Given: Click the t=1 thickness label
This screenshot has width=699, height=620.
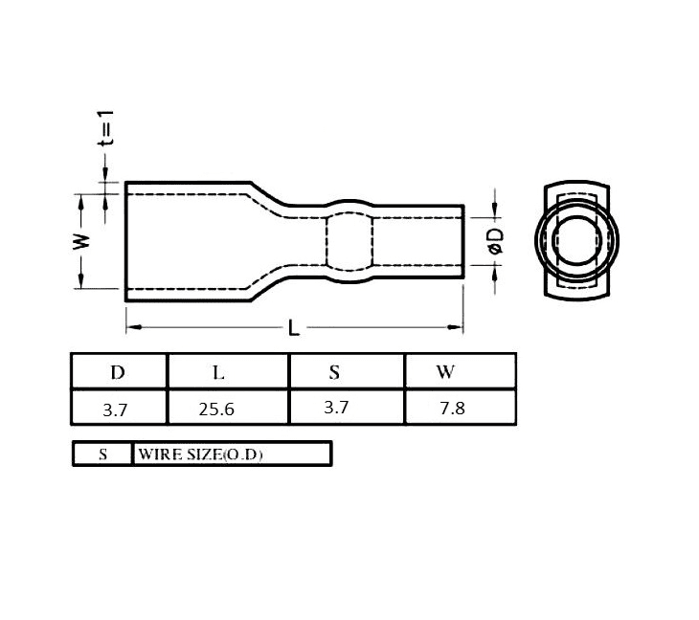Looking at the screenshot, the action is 106,128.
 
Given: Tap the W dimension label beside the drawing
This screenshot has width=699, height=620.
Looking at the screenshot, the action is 81,241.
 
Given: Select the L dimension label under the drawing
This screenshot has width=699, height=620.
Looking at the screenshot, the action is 293,327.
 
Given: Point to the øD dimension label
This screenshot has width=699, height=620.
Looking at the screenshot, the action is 496,241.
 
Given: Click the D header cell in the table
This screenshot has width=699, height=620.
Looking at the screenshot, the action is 118,372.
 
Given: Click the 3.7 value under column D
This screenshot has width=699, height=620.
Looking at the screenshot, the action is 115,410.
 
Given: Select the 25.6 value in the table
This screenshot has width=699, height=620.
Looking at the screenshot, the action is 216,409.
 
